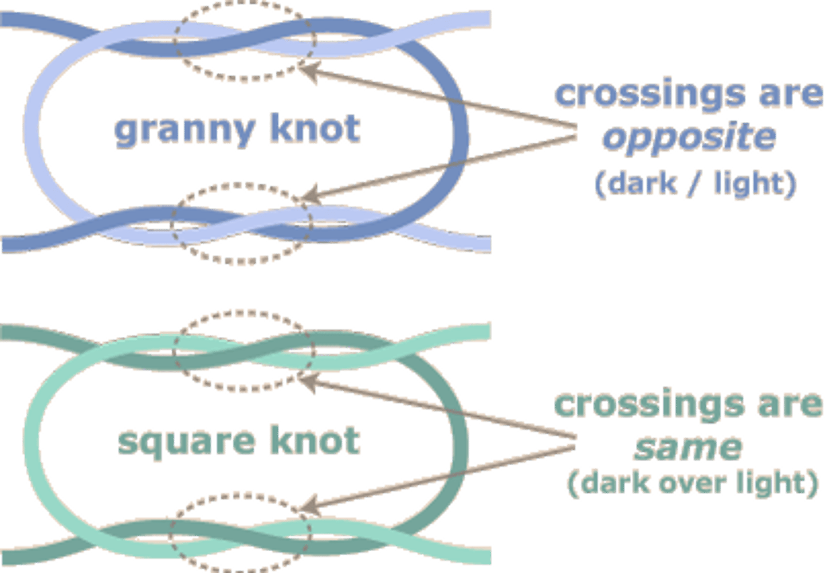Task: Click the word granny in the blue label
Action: pyautogui.click(x=183, y=131)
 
